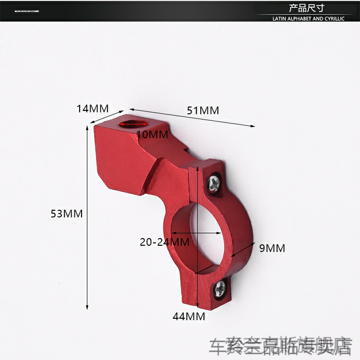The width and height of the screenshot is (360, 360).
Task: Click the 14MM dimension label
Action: click(93, 108)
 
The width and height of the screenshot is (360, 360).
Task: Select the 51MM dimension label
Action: click(203, 110)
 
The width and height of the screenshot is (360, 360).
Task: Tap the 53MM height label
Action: click(67, 214)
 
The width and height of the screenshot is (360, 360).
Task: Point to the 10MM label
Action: click(152, 135)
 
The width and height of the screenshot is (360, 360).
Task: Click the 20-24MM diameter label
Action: click(164, 242)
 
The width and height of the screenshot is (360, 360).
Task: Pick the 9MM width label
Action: click(272, 248)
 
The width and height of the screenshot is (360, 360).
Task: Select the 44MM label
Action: click(189, 316)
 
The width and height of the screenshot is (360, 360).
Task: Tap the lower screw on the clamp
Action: click(220, 288)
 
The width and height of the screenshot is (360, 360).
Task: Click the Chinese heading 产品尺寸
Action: click(307, 8)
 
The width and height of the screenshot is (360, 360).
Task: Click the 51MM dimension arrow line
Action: click(192, 118)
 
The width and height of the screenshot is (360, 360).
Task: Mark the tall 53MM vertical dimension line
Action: click(87, 216)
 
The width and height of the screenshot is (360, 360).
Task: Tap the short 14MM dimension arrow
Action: click(107, 117)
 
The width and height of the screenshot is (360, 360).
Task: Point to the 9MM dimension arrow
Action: click(243, 250)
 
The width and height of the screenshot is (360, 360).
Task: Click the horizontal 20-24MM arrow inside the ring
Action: click(200, 233)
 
